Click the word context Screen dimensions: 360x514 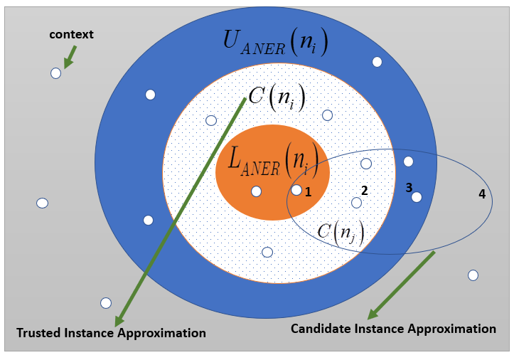coord(71,34)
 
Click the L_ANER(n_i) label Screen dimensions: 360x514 coord(269,160)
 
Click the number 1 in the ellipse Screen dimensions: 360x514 coord(308,191)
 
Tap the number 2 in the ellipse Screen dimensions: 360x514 coord(364,191)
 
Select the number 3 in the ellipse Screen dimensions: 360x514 coord(409,188)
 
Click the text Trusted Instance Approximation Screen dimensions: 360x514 coord(111,333)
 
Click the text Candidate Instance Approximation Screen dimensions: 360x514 coord(393,329)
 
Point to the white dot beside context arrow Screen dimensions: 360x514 coord(55,73)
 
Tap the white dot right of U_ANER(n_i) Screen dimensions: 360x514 coord(377,62)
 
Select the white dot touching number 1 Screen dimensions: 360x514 coord(296,190)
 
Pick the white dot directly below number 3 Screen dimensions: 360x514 coord(417,197)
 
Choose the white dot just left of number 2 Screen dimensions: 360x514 coord(356,203)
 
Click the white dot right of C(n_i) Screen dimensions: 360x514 coord(327,115)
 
